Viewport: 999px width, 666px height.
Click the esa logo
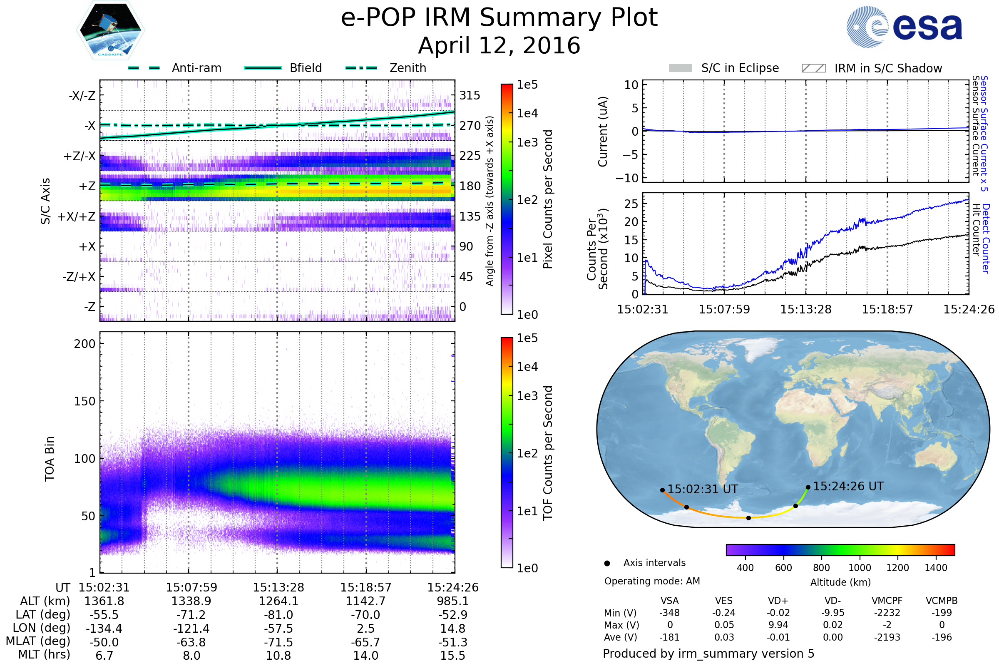(905, 26)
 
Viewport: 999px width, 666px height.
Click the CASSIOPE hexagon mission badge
(110, 30)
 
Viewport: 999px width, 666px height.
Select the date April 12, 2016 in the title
(499, 45)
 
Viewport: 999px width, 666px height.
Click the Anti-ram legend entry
(196, 68)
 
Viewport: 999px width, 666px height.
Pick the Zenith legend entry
(408, 68)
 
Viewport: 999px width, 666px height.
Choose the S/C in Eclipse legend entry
(740, 68)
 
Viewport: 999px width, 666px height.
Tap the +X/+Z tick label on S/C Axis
(77, 216)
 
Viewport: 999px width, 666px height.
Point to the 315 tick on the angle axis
(470, 95)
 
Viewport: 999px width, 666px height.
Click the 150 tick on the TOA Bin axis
(84, 401)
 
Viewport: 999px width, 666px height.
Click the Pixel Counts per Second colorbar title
(548, 199)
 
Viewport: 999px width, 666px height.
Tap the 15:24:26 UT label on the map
(848, 486)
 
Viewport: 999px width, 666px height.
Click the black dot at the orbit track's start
(663, 490)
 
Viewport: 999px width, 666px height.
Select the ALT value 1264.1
(278, 601)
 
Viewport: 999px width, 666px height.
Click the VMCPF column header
(887, 601)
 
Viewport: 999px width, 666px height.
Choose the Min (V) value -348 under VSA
(669, 613)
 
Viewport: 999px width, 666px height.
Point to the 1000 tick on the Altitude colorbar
(860, 568)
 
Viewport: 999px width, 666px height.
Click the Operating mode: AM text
(652, 581)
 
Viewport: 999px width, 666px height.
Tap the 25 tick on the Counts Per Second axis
(631, 204)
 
